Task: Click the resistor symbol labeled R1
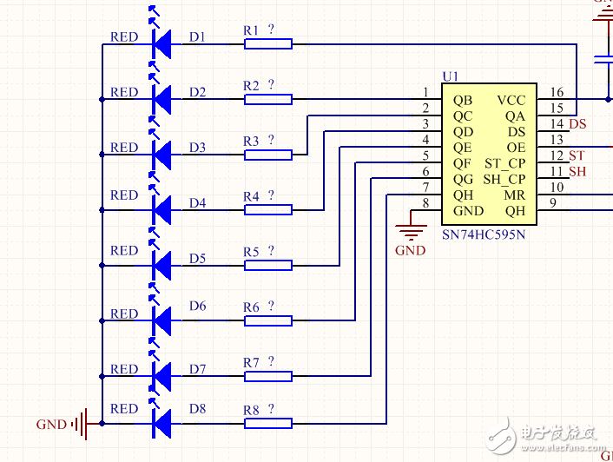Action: point(267,43)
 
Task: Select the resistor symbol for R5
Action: point(267,265)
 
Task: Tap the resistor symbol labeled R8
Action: point(267,423)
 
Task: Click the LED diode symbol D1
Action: point(161,43)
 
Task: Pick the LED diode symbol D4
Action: point(161,209)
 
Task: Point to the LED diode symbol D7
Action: point(161,375)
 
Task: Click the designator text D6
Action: point(197,306)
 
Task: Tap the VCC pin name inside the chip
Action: point(511,100)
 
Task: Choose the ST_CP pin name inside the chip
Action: point(504,163)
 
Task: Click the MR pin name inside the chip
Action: point(515,195)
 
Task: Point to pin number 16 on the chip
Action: point(557,93)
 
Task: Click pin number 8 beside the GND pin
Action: point(425,203)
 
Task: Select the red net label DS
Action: point(577,124)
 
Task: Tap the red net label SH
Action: point(577,172)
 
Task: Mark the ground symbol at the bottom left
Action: point(81,424)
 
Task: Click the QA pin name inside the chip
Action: point(515,115)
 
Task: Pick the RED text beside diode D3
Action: point(124,148)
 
